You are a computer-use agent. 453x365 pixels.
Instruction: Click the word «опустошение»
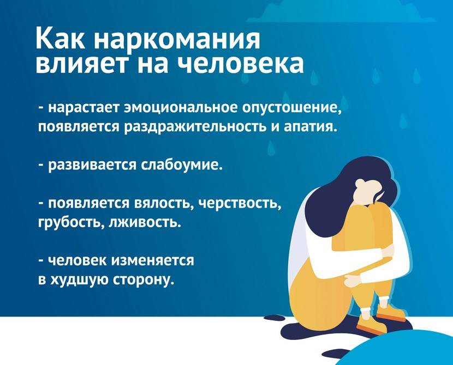click(292, 109)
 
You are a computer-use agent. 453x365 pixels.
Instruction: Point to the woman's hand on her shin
click(354, 279)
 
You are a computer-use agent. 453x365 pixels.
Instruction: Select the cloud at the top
click(341, 11)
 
